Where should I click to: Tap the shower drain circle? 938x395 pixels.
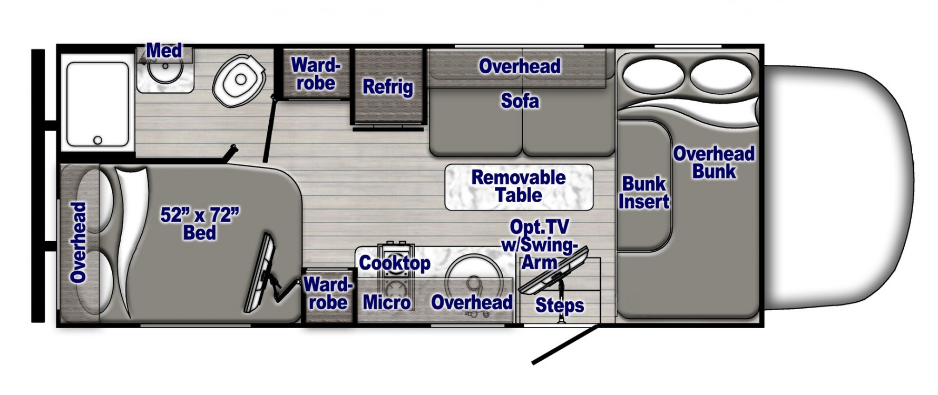point(97,141)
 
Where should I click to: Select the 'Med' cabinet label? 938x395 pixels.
point(164,51)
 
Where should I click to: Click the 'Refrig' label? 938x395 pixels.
point(387,87)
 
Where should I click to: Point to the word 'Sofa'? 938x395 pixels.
point(520,101)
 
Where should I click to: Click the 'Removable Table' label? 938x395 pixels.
point(519,186)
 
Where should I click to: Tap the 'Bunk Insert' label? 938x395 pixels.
point(643,192)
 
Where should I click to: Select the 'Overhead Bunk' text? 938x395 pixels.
point(714,162)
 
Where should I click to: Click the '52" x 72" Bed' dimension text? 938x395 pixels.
point(199,223)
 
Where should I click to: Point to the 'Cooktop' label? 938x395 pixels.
point(395,263)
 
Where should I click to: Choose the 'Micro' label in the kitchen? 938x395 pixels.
point(386,302)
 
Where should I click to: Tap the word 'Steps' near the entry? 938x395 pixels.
point(559,305)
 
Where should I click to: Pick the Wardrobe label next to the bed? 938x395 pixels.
point(328,293)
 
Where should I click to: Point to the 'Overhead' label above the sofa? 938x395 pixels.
point(519,66)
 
